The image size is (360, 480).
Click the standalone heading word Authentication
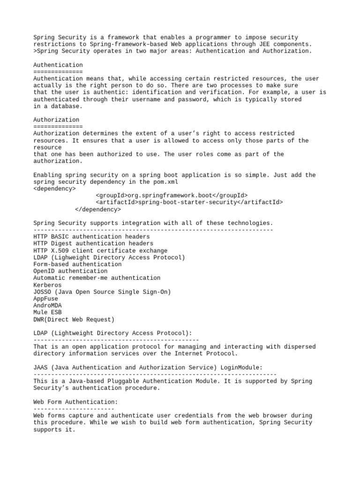point(58,65)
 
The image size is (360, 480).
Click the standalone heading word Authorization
point(56,120)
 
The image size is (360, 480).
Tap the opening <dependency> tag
point(54,188)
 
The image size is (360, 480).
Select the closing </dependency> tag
point(97,209)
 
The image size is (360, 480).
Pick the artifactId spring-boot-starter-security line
point(189,202)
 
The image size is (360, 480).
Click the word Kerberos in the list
point(47,285)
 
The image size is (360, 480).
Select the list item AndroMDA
point(47,305)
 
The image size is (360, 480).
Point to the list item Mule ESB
point(47,312)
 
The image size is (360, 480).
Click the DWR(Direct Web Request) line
point(74,319)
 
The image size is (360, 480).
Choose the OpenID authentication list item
point(70,271)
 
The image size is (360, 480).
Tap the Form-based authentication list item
point(77,264)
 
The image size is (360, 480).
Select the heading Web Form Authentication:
point(75,402)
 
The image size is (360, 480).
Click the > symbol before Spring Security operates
point(35,51)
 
